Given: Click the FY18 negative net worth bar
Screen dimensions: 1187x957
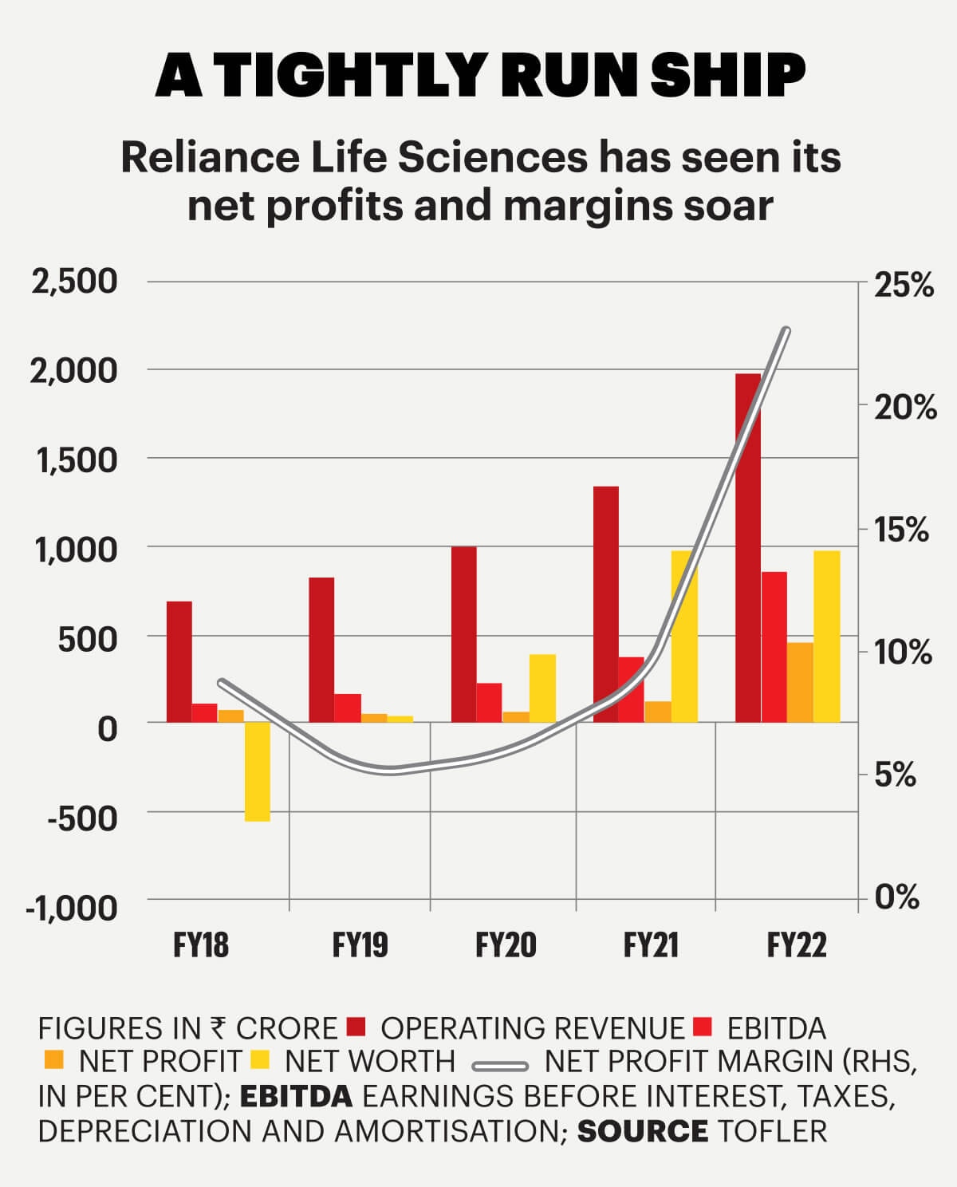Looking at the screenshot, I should (x=258, y=771).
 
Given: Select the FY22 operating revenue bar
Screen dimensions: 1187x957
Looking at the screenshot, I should (x=747, y=548).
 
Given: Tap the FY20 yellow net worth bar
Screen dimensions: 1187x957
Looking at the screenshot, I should (x=542, y=688).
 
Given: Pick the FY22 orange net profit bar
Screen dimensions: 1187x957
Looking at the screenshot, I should (x=800, y=682).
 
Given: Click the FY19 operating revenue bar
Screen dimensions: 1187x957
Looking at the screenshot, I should (x=321, y=649).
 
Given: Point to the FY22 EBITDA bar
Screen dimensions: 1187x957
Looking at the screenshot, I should (x=774, y=647).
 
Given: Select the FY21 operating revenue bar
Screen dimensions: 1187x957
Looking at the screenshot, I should (x=606, y=604).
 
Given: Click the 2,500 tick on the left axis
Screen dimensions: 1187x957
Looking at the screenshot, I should (x=74, y=282).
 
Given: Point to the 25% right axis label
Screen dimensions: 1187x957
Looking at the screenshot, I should (x=904, y=286).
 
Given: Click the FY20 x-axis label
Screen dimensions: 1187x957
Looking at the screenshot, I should (x=506, y=945).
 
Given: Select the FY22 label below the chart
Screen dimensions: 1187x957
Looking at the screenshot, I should (x=797, y=945).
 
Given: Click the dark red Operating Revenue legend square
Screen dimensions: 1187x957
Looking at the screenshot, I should (x=356, y=1027).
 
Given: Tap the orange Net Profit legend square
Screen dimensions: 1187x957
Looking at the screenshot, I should (x=53, y=1060).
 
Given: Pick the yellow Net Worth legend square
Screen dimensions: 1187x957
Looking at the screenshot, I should (x=259, y=1060).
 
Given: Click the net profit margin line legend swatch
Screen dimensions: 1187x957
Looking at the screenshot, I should (x=500, y=1065).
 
